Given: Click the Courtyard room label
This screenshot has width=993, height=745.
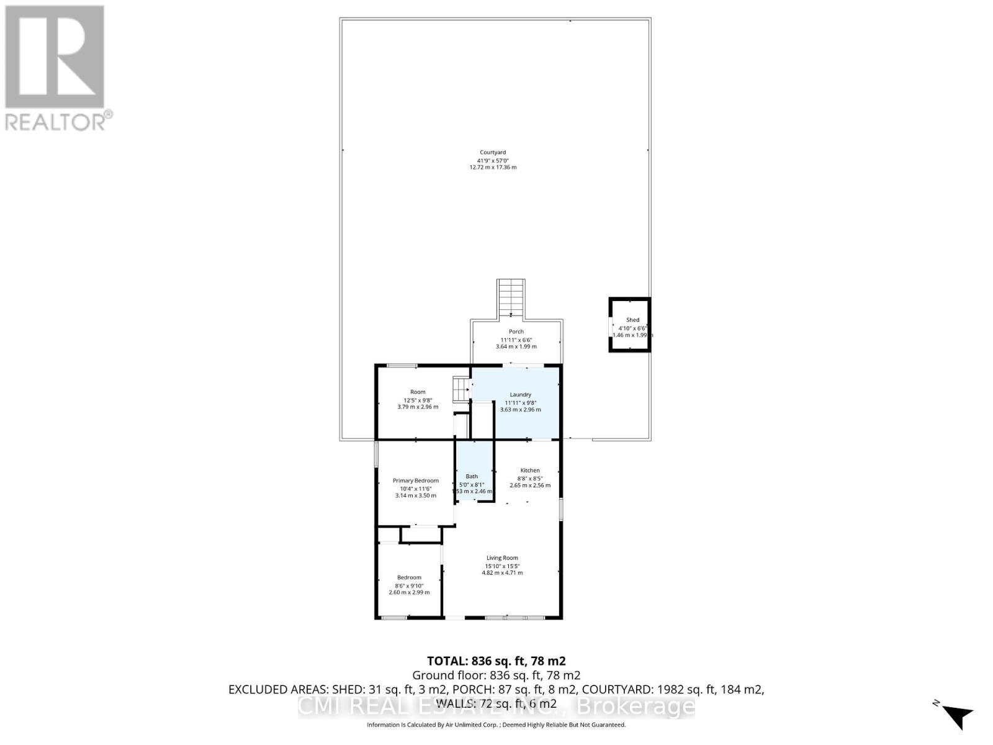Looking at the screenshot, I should pyautogui.click(x=493, y=152).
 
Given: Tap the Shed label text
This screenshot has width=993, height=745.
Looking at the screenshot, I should pyautogui.click(x=632, y=320).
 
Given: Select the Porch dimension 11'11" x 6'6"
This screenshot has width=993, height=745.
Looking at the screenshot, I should pyautogui.click(x=516, y=340).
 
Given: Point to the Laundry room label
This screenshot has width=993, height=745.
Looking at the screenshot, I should pyautogui.click(x=520, y=394).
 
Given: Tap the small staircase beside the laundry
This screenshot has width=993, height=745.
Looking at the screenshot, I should pyautogui.click(x=461, y=390).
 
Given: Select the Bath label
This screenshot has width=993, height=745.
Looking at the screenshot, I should pyautogui.click(x=472, y=476).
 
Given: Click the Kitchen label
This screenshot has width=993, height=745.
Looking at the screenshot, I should pyautogui.click(x=530, y=470).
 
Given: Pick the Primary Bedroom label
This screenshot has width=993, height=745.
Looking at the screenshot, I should pyautogui.click(x=415, y=481).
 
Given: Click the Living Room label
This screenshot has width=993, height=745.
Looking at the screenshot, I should pyautogui.click(x=502, y=558).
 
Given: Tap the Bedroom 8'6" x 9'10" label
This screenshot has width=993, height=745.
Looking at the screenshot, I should pyautogui.click(x=409, y=577).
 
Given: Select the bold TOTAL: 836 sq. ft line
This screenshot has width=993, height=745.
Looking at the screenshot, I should pyautogui.click(x=496, y=661).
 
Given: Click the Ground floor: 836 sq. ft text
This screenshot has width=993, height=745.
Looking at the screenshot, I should pyautogui.click(x=496, y=675).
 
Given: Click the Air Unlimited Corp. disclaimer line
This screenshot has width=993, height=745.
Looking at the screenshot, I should pyautogui.click(x=496, y=725).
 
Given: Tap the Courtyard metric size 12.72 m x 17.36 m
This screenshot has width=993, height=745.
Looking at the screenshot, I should pyautogui.click(x=493, y=168).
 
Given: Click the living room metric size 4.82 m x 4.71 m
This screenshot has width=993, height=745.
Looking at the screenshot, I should pyautogui.click(x=502, y=573).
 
